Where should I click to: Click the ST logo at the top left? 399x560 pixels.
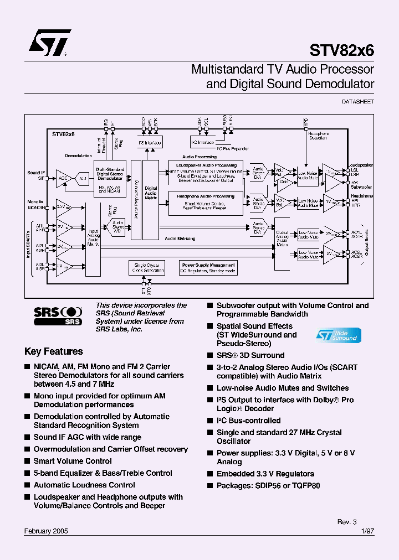(49, 43)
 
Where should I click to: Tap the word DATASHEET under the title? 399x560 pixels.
(358, 102)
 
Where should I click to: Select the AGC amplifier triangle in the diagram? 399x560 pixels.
(63, 178)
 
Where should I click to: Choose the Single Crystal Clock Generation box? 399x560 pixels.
(146, 268)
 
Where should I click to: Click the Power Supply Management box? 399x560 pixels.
(208, 268)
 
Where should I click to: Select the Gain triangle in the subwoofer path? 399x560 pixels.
(284, 182)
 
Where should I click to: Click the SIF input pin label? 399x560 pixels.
(40, 178)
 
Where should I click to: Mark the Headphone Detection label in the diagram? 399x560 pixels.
(318, 136)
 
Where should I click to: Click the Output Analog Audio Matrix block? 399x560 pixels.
(283, 238)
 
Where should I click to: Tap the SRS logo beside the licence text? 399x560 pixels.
(58, 315)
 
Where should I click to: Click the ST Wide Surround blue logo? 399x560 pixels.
(338, 335)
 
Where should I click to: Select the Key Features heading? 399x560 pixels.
(54, 351)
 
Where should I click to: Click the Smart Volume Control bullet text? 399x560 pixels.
(73, 461)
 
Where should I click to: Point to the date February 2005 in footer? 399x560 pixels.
(47, 530)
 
